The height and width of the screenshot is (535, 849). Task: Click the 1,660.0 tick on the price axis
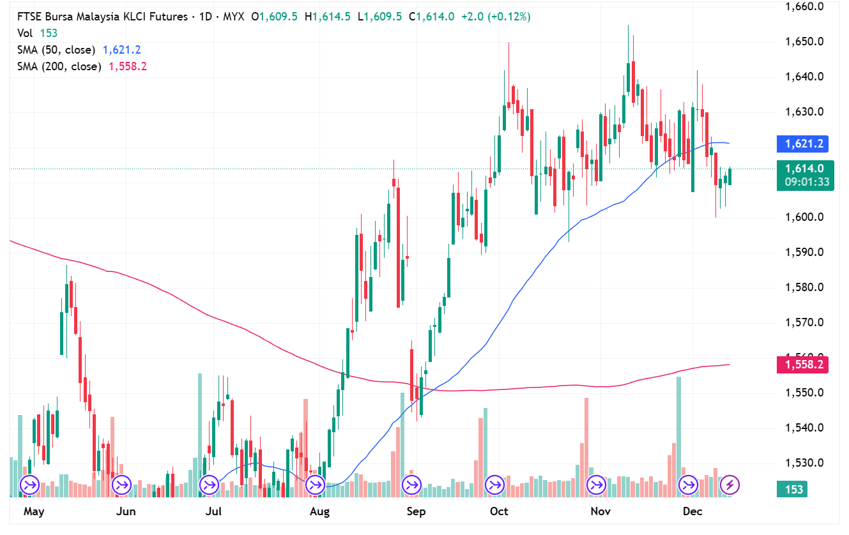tap(803, 7)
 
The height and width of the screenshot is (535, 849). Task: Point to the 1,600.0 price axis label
tap(803, 217)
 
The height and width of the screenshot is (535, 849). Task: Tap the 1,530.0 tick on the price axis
tap(803, 463)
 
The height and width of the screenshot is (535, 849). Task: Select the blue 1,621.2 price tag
tap(802, 144)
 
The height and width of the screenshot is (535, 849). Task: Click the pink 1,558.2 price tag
tap(802, 365)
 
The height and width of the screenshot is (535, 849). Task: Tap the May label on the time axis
tap(33, 511)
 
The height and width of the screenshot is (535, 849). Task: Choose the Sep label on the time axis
tap(416, 511)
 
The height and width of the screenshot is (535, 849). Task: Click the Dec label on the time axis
tap(692, 511)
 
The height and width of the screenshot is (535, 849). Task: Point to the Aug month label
tap(319, 511)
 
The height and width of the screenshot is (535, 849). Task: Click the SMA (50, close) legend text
tap(56, 50)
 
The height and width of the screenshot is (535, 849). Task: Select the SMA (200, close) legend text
tap(59, 66)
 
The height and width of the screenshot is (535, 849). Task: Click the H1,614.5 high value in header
tap(328, 17)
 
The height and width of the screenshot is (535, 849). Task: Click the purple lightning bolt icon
tap(730, 485)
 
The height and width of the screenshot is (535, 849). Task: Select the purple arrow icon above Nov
tap(596, 485)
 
